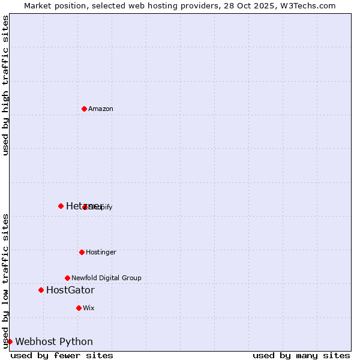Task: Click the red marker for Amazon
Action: (84, 109)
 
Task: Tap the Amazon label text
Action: (101, 109)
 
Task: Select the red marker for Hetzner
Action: (61, 206)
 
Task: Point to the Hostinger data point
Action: (82, 252)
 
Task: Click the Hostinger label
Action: (101, 253)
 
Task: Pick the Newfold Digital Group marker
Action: (67, 278)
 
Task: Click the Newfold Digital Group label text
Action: (106, 278)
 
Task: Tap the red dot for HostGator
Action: (41, 290)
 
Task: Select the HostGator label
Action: (70, 290)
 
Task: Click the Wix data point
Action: (79, 308)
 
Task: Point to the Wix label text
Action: (89, 308)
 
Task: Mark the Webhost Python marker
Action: (10, 341)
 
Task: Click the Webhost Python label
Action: (54, 342)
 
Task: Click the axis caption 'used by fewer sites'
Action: (62, 356)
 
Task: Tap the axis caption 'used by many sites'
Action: (301, 356)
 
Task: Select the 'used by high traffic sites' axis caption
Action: (5, 85)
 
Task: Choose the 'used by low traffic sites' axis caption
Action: (5, 280)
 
